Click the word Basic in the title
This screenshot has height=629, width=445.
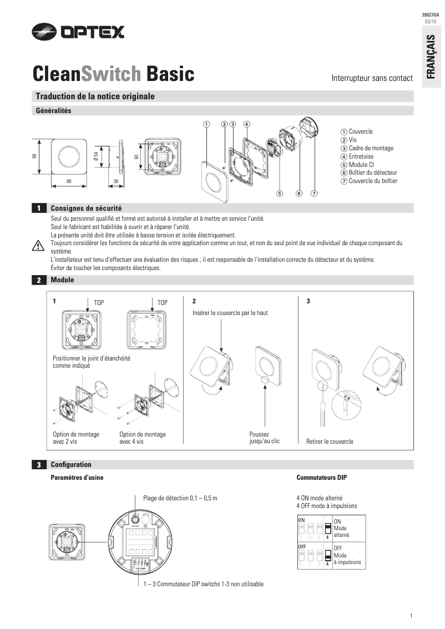[x=170, y=73]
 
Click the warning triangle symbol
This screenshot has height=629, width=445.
[x=38, y=246]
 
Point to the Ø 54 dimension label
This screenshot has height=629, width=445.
[x=95, y=158]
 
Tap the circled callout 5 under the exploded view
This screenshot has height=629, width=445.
[x=280, y=194]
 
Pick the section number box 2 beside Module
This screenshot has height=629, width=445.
[x=38, y=281]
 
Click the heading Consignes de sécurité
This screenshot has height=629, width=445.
[x=86, y=208]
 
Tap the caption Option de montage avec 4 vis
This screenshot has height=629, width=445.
[x=143, y=438]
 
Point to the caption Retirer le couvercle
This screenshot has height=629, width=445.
[x=330, y=442]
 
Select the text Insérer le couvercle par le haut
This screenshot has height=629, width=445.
[x=230, y=313]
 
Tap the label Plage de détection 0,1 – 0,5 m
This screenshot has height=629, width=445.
[x=180, y=498]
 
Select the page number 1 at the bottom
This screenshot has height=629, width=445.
[x=411, y=616]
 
